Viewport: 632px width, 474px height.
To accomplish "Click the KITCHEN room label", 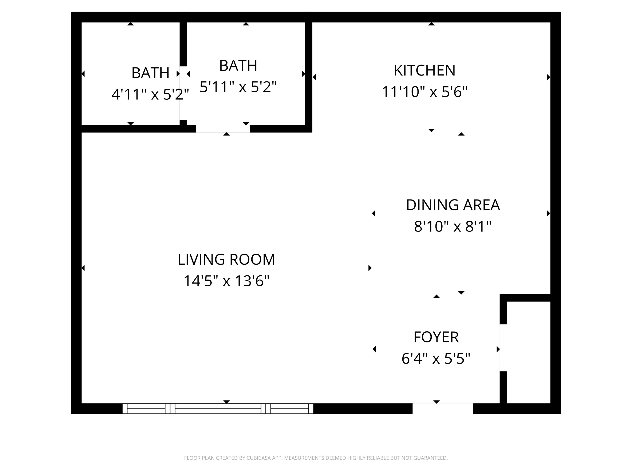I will coord(424,70).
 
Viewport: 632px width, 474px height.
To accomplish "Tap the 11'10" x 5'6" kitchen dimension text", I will coord(424,92).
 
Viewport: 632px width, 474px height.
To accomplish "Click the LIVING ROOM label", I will coord(226,259).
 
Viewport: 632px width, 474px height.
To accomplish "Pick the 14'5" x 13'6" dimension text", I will coord(226,281).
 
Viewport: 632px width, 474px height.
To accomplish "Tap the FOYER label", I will coord(436,337).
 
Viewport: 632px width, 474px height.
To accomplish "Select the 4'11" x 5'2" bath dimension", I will coord(150,94).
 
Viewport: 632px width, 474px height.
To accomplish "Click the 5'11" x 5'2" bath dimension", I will coord(238,87).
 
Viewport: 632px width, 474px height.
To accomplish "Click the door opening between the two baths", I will coord(183,93).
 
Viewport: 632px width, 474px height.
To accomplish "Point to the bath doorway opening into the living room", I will coord(223,129).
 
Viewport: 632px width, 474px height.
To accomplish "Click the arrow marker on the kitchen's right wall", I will coord(548,77).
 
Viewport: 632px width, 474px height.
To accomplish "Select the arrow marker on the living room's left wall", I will coord(83,268).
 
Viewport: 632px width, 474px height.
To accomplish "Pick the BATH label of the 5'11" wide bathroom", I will coord(238,66).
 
